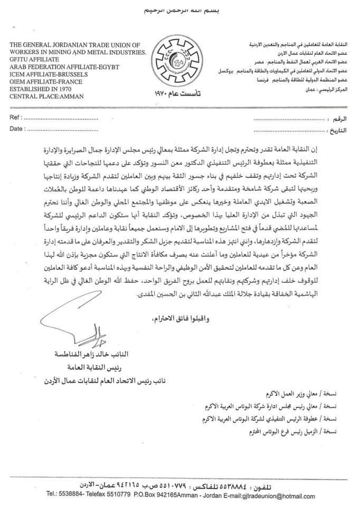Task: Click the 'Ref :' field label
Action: coord(16,117)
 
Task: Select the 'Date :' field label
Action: coord(17,128)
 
